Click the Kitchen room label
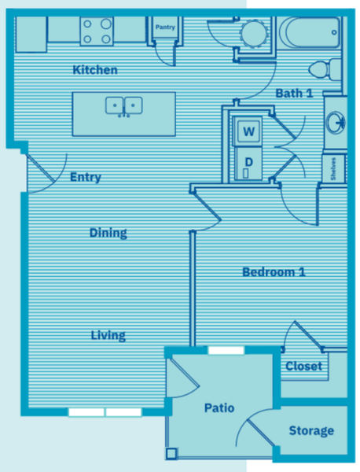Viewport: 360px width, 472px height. [x=95, y=70]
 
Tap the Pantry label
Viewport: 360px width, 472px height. [x=165, y=27]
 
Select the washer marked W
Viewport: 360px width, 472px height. [x=248, y=131]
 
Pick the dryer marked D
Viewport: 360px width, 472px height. [x=248, y=164]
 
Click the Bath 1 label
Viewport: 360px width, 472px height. [x=295, y=94]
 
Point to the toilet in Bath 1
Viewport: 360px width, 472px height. [x=325, y=69]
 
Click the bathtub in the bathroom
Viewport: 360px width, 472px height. [x=310, y=32]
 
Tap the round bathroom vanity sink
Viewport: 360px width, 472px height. [x=336, y=122]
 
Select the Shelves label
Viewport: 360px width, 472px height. [x=333, y=168]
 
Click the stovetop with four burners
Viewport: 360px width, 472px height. [x=97, y=31]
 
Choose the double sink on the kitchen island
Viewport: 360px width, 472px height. [x=124, y=106]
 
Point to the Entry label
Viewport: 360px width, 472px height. [x=86, y=177]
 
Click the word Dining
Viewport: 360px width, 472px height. [x=108, y=233]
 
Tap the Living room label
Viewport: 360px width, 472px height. [x=108, y=335]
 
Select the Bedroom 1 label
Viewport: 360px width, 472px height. [x=274, y=272]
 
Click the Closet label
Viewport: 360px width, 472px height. [x=303, y=366]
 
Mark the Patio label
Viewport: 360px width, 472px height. [x=219, y=407]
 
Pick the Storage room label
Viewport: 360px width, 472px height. [x=311, y=431]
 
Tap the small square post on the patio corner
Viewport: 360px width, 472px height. [x=171, y=453]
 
